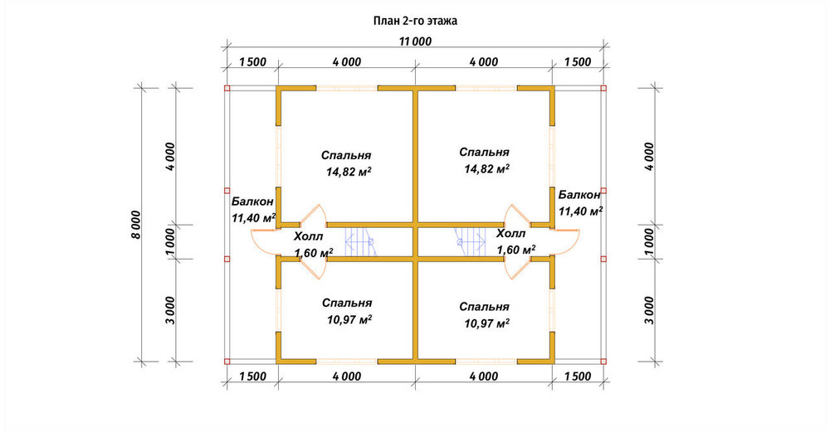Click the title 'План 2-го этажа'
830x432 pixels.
[415, 22]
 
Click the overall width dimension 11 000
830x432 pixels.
[415, 41]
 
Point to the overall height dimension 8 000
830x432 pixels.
[136, 225]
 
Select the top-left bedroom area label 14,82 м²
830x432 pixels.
[349, 172]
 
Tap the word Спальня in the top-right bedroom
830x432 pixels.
[484, 153]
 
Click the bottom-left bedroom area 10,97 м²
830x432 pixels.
[349, 320]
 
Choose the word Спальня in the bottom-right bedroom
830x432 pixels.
[484, 307]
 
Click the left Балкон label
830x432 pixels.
[252, 201]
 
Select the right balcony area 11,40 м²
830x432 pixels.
[581, 211]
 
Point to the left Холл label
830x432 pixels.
[308, 236]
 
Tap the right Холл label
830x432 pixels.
[510, 233]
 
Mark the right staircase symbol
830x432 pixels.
[471, 242]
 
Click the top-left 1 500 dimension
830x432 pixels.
[252, 62]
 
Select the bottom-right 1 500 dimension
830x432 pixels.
[578, 376]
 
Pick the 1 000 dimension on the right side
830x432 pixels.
[650, 242]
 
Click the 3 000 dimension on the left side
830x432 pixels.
[170, 310]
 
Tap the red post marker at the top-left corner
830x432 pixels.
[227, 88]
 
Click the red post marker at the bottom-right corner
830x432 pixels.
[603, 362]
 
